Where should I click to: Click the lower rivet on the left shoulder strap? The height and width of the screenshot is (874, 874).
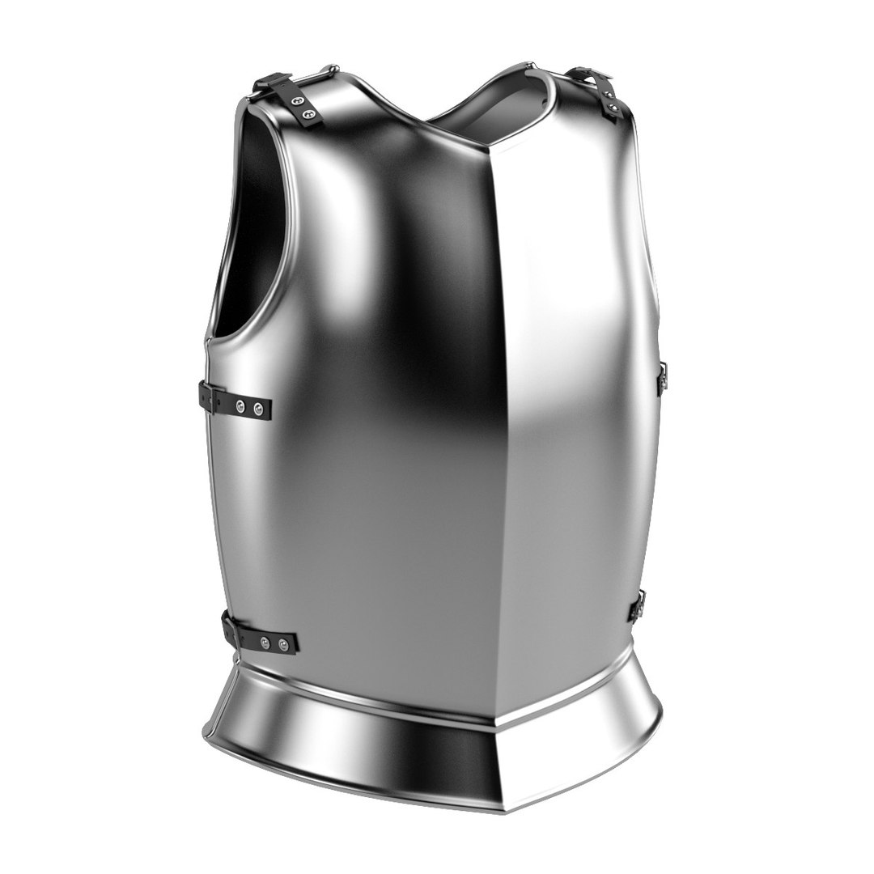coord(308,114)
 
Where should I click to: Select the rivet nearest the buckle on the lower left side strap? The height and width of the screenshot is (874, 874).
coord(265,643)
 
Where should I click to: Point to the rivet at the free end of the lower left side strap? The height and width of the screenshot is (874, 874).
coord(283,645)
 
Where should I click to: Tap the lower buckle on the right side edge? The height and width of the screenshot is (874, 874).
coord(639,605)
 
